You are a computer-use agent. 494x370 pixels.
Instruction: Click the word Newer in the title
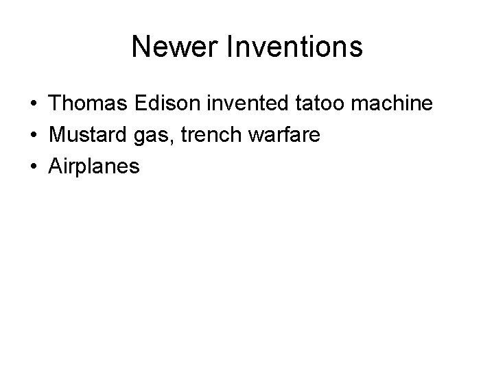(172, 47)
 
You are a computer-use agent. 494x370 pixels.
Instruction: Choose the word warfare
(287, 134)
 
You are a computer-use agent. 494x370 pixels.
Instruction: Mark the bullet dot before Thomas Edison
(33, 105)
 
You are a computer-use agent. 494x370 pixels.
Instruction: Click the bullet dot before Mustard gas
(33, 135)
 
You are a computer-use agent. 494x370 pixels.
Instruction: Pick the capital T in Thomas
(55, 104)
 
